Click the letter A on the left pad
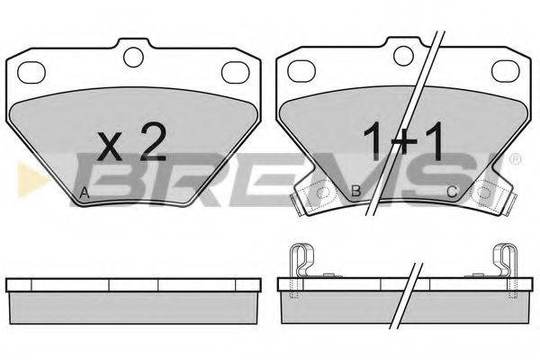tap(85, 193)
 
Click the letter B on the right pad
tap(355, 191)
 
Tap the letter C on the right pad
tap(452, 192)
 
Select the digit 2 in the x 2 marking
tap(153, 142)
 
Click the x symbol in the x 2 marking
tap(110, 148)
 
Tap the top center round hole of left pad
tap(133, 58)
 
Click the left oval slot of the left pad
tap(31, 73)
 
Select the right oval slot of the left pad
tap(236, 73)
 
